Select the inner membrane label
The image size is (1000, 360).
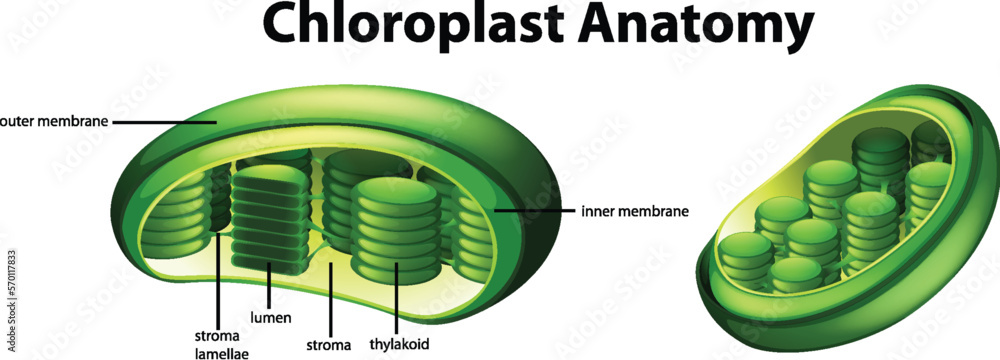634,211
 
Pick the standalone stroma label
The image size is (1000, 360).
329,345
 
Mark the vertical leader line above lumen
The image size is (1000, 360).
272,285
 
